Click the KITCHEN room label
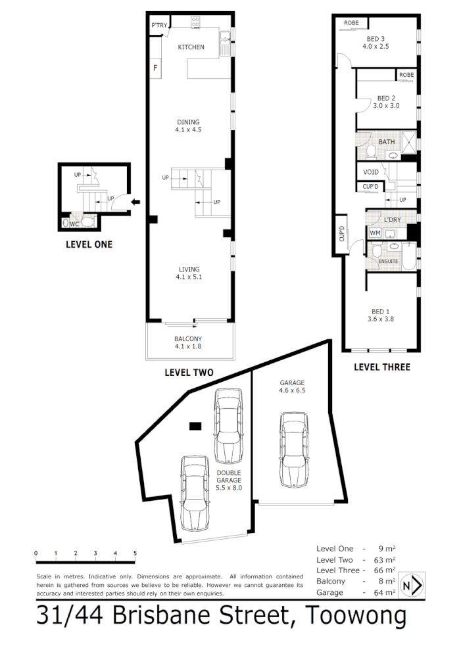[191, 47]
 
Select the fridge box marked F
[156, 68]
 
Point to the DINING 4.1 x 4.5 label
[188, 126]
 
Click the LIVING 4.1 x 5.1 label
[188, 273]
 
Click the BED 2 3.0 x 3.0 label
[386, 101]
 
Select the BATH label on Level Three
[386, 142]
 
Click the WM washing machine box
[374, 233]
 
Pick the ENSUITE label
[388, 262]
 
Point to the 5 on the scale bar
[135, 553]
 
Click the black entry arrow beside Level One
[135, 202]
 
